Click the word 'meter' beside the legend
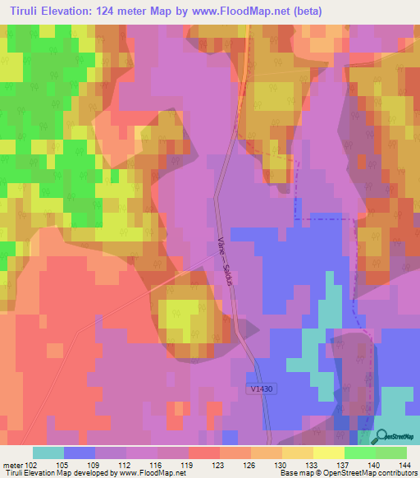pos(11,464)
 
